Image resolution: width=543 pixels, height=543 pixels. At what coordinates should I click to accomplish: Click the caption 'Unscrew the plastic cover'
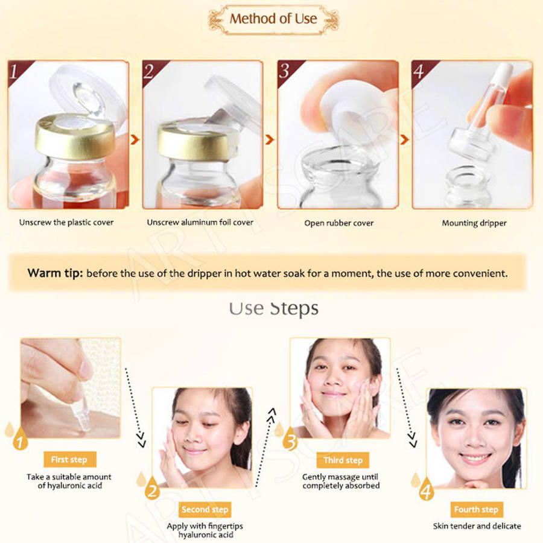click(66, 222)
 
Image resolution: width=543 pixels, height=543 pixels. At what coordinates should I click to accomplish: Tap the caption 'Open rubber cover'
click(338, 223)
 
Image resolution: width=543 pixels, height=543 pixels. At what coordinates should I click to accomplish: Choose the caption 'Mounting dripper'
click(474, 223)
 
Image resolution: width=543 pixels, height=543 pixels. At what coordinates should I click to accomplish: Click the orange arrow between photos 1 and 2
click(135, 139)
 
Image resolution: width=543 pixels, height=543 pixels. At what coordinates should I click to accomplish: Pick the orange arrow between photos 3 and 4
click(404, 139)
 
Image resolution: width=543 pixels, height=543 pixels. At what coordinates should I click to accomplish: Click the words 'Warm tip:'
click(55, 273)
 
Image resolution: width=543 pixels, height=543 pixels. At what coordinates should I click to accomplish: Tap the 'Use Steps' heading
click(273, 308)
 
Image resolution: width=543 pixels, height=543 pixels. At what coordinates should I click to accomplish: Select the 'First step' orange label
click(69, 460)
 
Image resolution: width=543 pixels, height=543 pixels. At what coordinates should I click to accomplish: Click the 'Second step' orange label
click(205, 509)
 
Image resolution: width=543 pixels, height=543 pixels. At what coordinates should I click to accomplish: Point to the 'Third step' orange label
click(343, 460)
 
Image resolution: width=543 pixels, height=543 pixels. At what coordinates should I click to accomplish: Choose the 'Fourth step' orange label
click(477, 509)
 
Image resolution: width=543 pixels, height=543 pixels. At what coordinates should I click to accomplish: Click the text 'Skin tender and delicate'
click(477, 526)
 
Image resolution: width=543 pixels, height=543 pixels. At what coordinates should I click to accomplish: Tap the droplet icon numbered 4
click(426, 489)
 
